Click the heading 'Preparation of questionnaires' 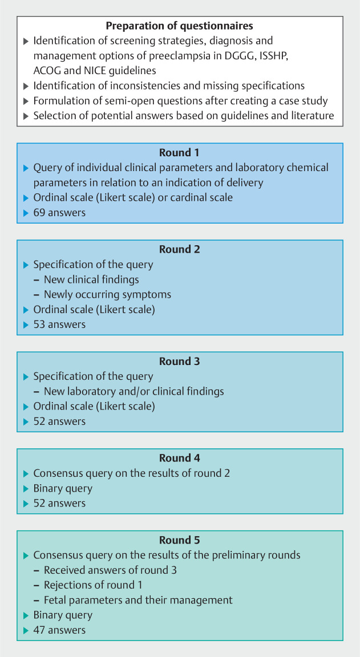click(179, 26)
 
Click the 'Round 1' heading click(180, 153)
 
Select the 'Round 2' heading click(180, 250)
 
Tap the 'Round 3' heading click(180, 362)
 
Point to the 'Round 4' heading click(180, 459)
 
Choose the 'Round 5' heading click(180, 540)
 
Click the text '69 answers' click(59, 212)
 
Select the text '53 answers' click(59, 325)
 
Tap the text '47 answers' click(59, 630)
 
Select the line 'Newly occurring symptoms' click(107, 295)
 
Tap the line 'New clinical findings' click(91, 280)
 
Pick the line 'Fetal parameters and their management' click(138, 600)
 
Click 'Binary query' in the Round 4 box click(63, 488)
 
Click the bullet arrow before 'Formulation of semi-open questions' click(25, 101)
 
